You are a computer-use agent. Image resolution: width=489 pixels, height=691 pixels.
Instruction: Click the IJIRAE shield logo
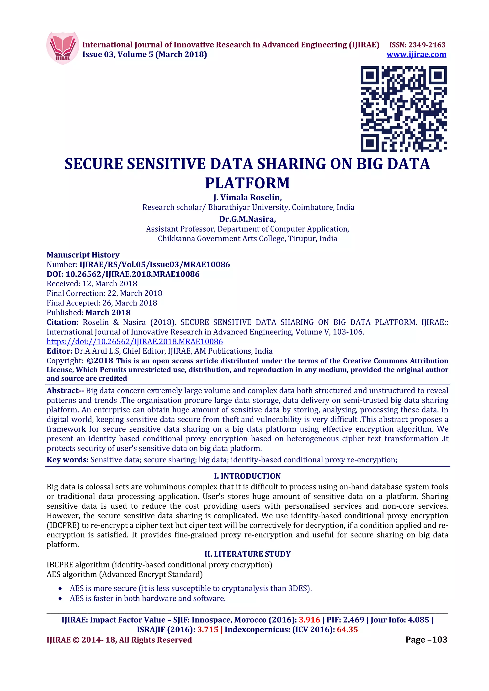[x=63, y=48]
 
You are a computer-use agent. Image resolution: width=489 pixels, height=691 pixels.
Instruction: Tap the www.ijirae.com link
[x=416, y=54]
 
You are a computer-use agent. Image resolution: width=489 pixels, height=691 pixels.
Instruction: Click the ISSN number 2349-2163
[x=427, y=45]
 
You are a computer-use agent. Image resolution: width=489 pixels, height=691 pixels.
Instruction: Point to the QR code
[x=404, y=109]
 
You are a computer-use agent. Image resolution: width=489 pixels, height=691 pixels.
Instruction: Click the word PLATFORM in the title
[x=247, y=183]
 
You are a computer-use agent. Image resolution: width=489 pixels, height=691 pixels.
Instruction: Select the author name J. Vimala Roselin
[x=247, y=197]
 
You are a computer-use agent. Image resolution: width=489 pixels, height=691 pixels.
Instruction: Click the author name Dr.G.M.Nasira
[x=247, y=219]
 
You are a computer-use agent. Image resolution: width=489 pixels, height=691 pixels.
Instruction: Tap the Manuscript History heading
[x=83, y=255]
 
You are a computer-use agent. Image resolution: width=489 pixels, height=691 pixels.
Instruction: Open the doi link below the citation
[x=135, y=342]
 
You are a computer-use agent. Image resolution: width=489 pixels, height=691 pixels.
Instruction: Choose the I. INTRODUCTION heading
[x=247, y=476]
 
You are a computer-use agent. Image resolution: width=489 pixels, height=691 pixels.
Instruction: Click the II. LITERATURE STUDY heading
[x=247, y=554]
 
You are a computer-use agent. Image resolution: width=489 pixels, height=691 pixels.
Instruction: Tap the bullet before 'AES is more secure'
[x=60, y=589]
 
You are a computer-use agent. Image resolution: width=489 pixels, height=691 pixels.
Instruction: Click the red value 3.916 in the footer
[x=309, y=620]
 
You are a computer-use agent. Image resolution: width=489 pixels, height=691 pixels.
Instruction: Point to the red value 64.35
[x=347, y=630]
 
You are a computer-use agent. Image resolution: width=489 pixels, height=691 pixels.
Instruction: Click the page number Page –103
[x=426, y=639]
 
